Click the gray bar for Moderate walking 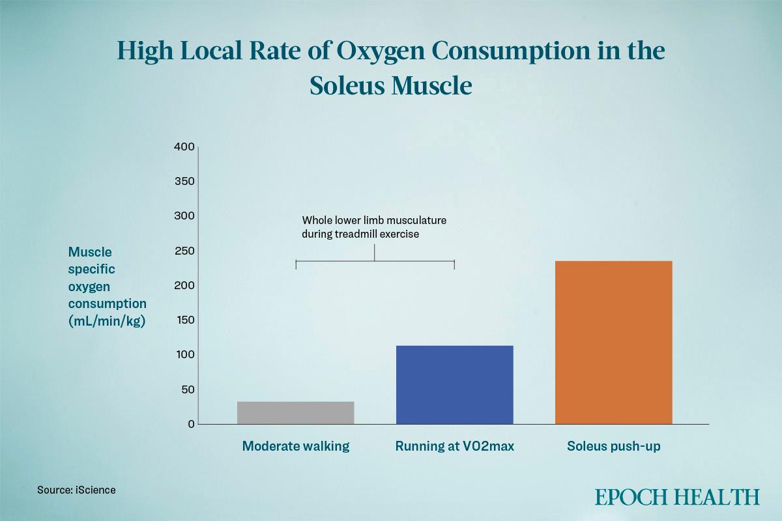pyautogui.click(x=295, y=413)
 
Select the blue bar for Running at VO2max pyautogui.click(x=454, y=385)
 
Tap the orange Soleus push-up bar pyautogui.click(x=613, y=343)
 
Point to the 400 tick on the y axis pyautogui.click(x=184, y=147)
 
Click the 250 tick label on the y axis pyautogui.click(x=184, y=251)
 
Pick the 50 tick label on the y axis pyautogui.click(x=187, y=389)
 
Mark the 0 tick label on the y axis pyautogui.click(x=191, y=424)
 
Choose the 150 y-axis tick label pyautogui.click(x=184, y=320)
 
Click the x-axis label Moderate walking pyautogui.click(x=295, y=446)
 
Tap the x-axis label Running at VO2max pyautogui.click(x=454, y=446)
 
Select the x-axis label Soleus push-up pyautogui.click(x=613, y=446)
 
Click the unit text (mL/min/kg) pyautogui.click(x=106, y=320)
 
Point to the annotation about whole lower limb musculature pyautogui.click(x=374, y=227)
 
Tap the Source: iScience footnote pyautogui.click(x=76, y=489)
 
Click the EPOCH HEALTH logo pyautogui.click(x=676, y=497)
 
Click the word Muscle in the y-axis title pyautogui.click(x=90, y=252)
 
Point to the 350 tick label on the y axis pyautogui.click(x=184, y=181)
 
